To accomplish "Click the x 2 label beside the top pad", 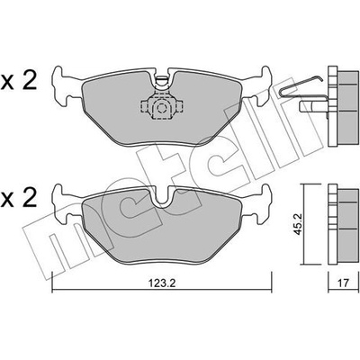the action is (19, 80).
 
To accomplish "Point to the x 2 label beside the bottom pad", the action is (19, 198).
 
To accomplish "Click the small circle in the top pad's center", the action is (162, 108).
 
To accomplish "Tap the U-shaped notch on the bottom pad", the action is (162, 197).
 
